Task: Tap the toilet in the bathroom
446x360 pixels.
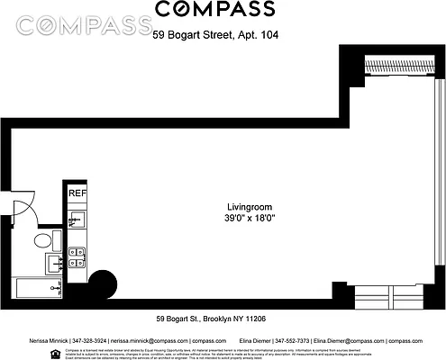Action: pyautogui.click(x=42, y=241)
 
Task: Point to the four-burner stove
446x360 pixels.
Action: pyautogui.click(x=77, y=257)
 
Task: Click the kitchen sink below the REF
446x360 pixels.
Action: pyautogui.click(x=77, y=221)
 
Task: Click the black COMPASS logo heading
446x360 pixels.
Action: pyautogui.click(x=216, y=10)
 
